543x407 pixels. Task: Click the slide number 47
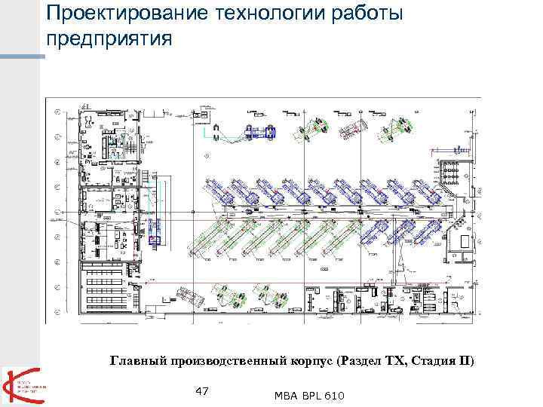(x=201, y=390)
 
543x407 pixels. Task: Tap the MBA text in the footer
(x=285, y=396)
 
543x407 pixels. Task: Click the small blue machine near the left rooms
(x=156, y=240)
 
